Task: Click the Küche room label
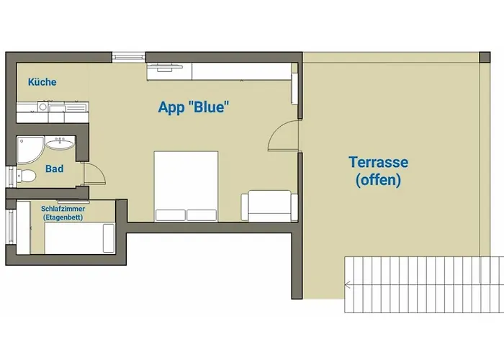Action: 42,82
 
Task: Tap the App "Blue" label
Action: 194,107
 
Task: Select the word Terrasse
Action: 378,162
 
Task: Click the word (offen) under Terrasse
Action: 378,180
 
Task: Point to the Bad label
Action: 54,168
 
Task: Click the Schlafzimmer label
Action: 63,209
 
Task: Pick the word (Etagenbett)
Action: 63,217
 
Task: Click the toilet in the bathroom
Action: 27,176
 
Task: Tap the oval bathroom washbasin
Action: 60,143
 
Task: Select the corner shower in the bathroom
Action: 30,150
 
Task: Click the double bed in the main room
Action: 186,186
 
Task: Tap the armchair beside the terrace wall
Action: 269,206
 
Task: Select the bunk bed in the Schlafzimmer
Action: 80,238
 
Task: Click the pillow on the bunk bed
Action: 109,238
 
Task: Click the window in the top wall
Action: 129,57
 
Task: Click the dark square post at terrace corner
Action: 485,58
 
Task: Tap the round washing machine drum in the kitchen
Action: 42,107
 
